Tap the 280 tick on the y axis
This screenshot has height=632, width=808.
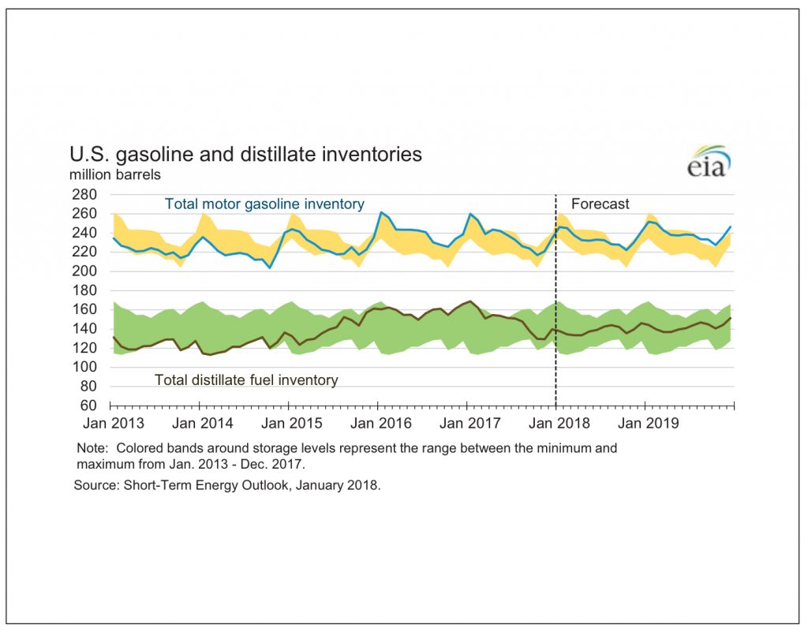84,195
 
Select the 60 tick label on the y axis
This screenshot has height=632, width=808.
88,406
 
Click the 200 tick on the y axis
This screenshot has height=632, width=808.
84,271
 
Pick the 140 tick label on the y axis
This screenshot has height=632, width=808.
84,329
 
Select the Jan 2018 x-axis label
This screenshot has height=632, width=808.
559,424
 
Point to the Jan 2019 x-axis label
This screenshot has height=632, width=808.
649,424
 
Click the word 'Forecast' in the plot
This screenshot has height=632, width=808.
600,204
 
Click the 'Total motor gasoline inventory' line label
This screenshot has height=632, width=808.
264,204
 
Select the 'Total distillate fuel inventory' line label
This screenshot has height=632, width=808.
246,380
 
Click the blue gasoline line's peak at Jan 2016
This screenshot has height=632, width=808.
381,212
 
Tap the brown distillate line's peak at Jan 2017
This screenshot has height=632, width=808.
471,301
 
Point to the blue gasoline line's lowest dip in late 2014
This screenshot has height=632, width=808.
270,267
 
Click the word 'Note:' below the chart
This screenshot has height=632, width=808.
92,448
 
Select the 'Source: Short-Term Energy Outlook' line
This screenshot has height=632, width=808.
227,485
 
